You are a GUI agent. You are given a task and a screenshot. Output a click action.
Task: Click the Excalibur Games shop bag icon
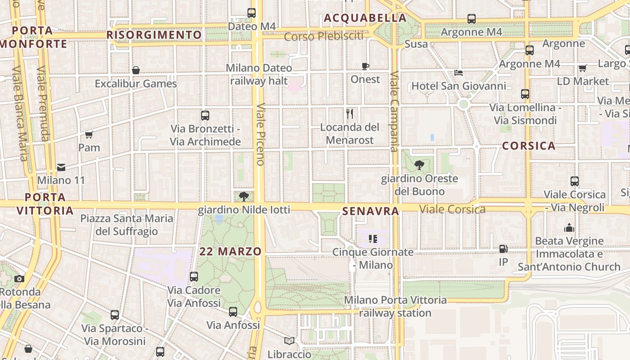[135, 70]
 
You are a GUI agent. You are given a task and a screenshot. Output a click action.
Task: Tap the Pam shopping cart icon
[89, 135]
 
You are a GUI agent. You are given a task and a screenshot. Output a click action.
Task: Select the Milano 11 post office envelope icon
[61, 167]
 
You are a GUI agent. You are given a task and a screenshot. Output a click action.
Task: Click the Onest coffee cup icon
[365, 67]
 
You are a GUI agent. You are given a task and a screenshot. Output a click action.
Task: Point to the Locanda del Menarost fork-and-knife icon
[350, 113]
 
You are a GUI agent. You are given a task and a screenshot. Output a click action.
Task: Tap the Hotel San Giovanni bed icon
[459, 72]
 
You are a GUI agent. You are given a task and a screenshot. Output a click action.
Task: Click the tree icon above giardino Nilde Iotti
[244, 196]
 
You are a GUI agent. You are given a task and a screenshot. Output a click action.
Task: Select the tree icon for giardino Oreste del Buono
[419, 165]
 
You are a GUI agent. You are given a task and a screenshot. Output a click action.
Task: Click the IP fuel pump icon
[503, 249]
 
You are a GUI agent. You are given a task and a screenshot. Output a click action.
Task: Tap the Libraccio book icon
[289, 341]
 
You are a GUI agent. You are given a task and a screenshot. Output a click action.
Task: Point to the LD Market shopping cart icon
[582, 68]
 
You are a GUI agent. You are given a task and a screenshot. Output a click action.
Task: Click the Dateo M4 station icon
[252, 13]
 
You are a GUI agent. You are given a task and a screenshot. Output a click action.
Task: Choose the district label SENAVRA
[370, 211]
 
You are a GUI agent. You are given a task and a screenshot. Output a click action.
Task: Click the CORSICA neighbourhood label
[529, 146]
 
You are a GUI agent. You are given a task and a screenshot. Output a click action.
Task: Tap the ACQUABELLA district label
[365, 18]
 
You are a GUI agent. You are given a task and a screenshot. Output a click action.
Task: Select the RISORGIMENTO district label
[154, 35]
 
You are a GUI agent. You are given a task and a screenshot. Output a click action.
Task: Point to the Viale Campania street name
[395, 112]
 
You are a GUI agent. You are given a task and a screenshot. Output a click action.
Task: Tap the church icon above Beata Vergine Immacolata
[569, 228]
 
